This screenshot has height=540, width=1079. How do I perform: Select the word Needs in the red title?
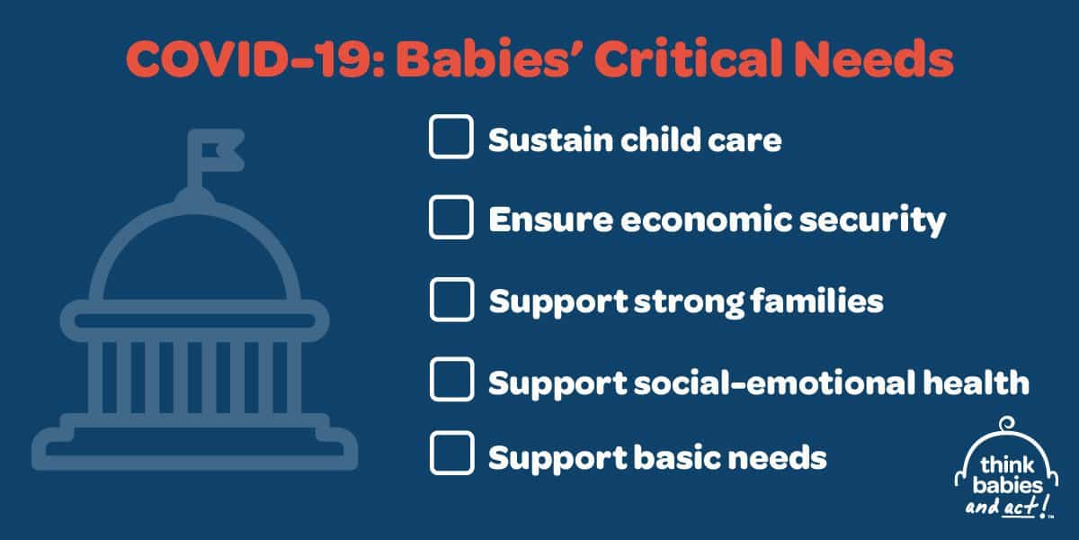[875, 58]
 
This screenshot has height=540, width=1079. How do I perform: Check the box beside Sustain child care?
[450, 137]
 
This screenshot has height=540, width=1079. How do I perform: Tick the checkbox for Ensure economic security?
[450, 218]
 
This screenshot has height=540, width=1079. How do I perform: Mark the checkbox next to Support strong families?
[451, 300]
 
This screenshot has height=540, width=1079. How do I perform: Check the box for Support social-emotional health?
[451, 380]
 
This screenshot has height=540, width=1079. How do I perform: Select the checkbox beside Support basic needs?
[451, 454]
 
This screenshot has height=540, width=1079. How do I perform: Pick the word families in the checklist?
[816, 301]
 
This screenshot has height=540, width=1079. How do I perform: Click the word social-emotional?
[774, 382]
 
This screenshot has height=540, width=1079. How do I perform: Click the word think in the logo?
[1007, 465]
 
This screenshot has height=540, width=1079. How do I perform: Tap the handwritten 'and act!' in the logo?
[1008, 506]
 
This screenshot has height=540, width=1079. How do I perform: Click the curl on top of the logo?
[1007, 425]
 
